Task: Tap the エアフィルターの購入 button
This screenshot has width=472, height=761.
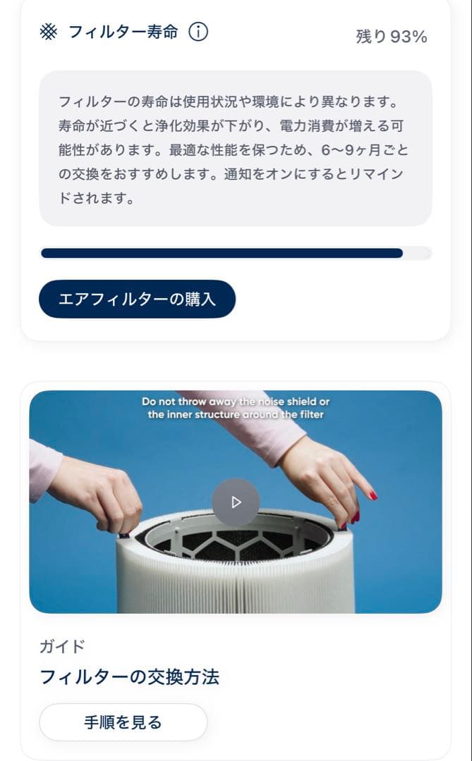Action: [137, 299]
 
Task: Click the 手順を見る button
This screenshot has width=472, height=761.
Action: [123, 722]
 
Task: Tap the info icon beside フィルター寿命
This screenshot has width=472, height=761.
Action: [198, 32]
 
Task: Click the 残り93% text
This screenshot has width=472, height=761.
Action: [391, 37]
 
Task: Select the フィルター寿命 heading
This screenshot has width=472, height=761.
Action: [123, 32]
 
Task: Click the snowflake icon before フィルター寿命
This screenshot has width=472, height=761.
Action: [48, 32]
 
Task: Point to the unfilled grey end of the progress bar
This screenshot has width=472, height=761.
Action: [417, 253]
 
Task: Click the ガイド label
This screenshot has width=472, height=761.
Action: [62, 646]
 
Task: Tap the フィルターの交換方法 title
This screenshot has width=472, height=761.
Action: [129, 677]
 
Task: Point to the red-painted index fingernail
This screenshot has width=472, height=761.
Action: [373, 495]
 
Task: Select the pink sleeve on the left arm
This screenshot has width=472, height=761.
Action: [44, 468]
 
